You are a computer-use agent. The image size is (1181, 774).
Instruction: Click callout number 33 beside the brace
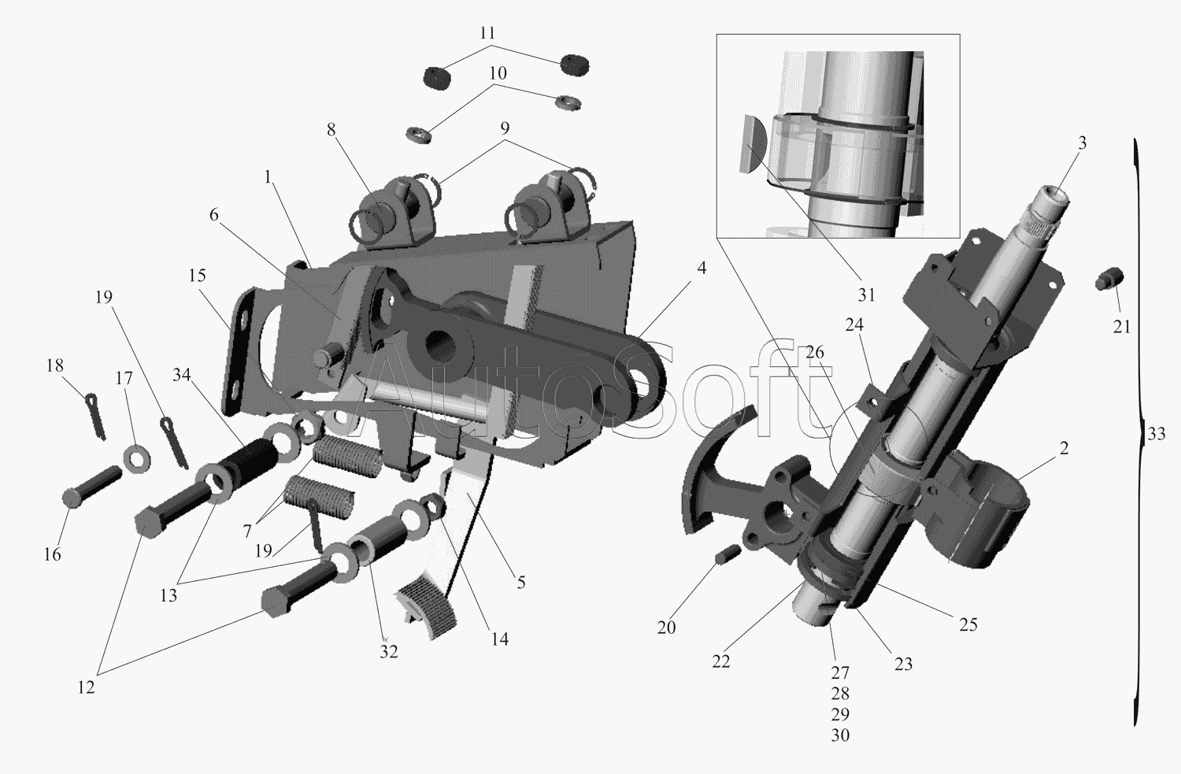(1157, 434)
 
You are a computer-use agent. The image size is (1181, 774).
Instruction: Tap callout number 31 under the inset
(866, 294)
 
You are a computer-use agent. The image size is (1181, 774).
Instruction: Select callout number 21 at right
(1122, 327)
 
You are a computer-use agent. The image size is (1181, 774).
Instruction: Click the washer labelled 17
(137, 459)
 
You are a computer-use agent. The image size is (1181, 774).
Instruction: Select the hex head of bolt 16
(72, 497)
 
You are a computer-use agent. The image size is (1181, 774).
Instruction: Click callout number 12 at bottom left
(86, 687)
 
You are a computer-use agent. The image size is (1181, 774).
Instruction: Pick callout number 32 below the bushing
(389, 652)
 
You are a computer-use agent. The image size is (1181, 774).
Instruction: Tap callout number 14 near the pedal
(500, 639)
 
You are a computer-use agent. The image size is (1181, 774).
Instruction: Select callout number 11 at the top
(487, 33)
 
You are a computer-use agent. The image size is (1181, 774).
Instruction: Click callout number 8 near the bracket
(331, 130)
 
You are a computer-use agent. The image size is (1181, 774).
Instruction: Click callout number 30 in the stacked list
(840, 735)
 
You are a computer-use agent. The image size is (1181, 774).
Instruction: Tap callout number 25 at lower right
(968, 624)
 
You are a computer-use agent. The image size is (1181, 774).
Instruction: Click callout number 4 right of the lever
(702, 268)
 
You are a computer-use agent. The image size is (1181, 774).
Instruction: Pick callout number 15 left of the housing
(197, 276)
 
